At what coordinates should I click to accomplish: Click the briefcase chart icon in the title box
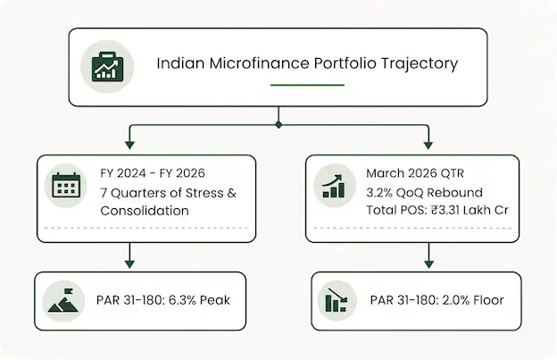[x=107, y=66]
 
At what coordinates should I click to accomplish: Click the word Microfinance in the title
[x=260, y=63]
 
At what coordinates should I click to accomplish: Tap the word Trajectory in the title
[x=420, y=64]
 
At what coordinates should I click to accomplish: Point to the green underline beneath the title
[x=307, y=85]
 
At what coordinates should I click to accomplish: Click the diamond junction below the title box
[x=278, y=125]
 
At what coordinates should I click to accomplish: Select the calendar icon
[x=66, y=185]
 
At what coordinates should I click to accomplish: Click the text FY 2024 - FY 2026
[x=153, y=173]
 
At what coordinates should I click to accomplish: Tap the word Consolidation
[x=145, y=211]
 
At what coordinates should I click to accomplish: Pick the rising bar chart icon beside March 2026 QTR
[x=334, y=186]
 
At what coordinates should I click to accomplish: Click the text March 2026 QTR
[x=415, y=173]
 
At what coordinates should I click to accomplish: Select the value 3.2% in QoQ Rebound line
[x=379, y=193]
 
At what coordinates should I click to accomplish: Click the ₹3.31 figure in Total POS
[x=445, y=210]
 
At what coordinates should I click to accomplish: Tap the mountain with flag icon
[x=63, y=301]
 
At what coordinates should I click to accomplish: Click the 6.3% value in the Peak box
[x=182, y=300]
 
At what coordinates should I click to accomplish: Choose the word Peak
[x=215, y=300]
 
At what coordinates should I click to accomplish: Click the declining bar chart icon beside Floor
[x=336, y=301]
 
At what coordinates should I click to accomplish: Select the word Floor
[x=488, y=300]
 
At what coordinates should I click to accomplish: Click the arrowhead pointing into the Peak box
[x=129, y=264]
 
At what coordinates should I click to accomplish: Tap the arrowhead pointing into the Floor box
[x=429, y=264]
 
